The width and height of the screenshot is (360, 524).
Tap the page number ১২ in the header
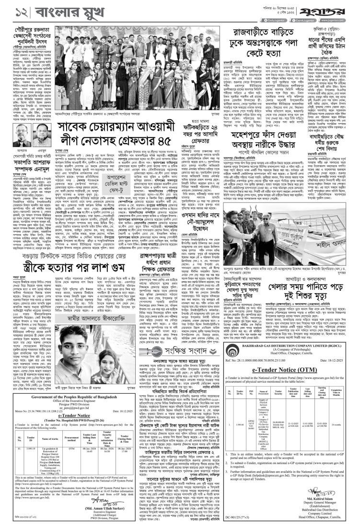(x=11, y=11)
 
